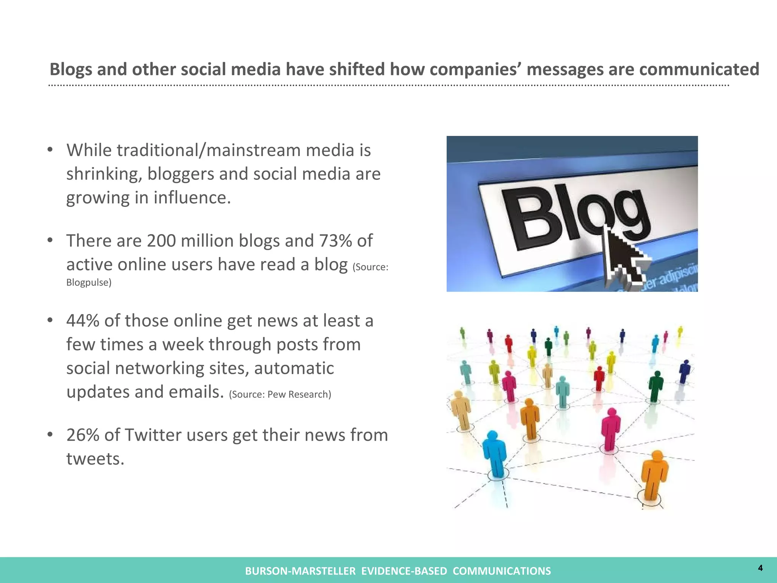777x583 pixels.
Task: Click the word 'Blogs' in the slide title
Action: (x=71, y=70)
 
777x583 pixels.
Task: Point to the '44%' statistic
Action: (x=83, y=321)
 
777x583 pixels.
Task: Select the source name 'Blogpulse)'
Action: (x=89, y=282)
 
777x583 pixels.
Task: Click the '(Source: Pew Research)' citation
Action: (x=280, y=394)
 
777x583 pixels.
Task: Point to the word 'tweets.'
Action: (x=95, y=459)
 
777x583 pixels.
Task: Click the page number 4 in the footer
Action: (x=760, y=568)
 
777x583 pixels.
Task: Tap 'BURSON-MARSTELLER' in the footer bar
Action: (x=300, y=571)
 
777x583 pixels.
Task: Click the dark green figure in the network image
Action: (x=656, y=385)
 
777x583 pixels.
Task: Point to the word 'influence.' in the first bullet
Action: (x=192, y=198)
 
